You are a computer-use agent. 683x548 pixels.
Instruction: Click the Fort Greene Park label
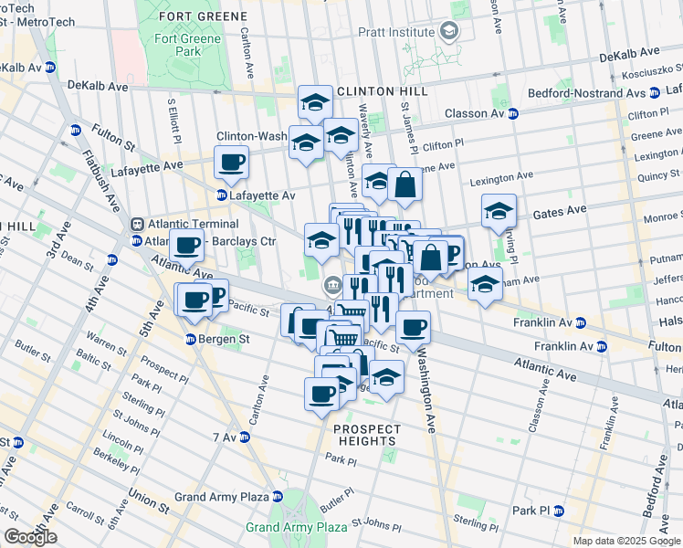click(x=187, y=46)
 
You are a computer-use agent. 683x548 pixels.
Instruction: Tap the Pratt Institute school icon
click(x=448, y=32)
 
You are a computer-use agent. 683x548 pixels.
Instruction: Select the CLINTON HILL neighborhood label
click(x=381, y=92)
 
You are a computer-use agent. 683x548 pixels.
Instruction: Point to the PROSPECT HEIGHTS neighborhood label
click(x=366, y=435)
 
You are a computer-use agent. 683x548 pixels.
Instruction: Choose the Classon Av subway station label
click(x=475, y=113)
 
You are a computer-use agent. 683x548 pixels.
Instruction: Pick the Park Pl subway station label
click(x=530, y=510)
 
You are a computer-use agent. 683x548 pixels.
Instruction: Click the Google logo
click(x=30, y=537)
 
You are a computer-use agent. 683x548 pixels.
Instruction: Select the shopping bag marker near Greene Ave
click(x=405, y=185)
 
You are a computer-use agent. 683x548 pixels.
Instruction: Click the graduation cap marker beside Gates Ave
click(x=499, y=212)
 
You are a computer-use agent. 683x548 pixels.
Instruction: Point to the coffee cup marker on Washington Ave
click(x=412, y=327)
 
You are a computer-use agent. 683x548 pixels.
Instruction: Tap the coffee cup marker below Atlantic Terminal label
click(x=188, y=245)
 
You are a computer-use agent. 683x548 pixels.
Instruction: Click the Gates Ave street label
click(x=560, y=210)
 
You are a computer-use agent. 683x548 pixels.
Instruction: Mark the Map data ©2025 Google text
click(x=625, y=541)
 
